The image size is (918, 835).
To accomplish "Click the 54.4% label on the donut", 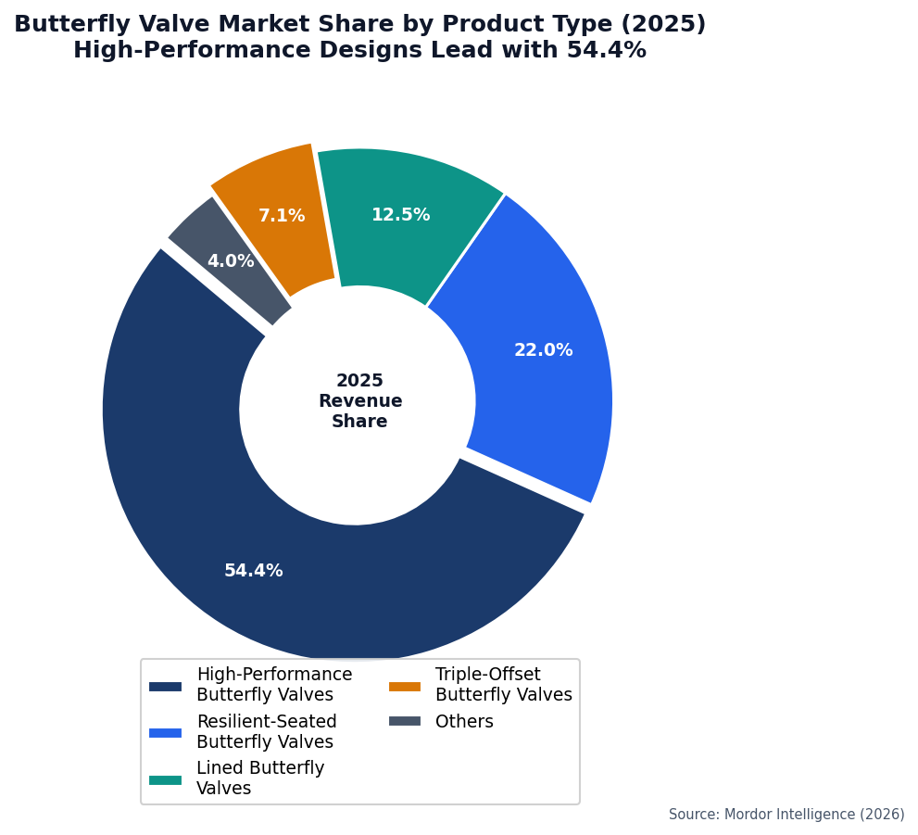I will pyautogui.click(x=253, y=571).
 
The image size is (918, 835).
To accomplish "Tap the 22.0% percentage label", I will pyautogui.click(x=543, y=350).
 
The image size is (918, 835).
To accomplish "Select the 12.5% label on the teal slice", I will pyautogui.click(x=400, y=215).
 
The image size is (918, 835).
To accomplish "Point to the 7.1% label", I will pyautogui.click(x=282, y=216).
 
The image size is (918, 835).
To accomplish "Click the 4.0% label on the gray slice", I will pyautogui.click(x=231, y=261).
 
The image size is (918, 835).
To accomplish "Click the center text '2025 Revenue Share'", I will pyautogui.click(x=359, y=401).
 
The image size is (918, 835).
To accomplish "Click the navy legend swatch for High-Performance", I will pyautogui.click(x=165, y=686).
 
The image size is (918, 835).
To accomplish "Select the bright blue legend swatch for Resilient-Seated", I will pyautogui.click(x=165, y=732).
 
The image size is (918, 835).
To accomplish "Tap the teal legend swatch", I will pyautogui.click(x=165, y=779).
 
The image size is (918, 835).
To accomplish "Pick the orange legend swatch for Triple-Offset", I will pyautogui.click(x=404, y=686).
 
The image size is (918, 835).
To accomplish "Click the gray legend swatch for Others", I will pyautogui.click(x=404, y=721).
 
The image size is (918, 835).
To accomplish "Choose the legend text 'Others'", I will pyautogui.click(x=464, y=721).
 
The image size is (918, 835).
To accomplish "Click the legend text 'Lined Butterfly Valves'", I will pyautogui.click(x=260, y=778).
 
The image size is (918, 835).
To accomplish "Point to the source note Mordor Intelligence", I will pyautogui.click(x=786, y=815).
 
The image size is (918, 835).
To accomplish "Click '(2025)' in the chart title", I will pyautogui.click(x=671, y=25).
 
